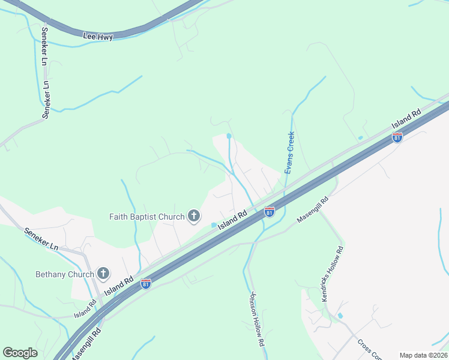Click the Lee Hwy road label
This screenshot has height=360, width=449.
coord(98,37)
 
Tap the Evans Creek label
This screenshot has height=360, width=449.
coord(289,153)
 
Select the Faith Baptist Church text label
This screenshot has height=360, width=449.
coord(146,216)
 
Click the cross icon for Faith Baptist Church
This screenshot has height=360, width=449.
coord(193,215)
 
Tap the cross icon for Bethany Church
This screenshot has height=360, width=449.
coord(103,274)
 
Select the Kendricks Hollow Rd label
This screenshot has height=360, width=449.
coord(331,274)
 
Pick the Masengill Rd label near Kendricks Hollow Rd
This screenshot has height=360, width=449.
coord(313,210)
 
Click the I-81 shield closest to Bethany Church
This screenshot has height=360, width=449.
coord(145,284)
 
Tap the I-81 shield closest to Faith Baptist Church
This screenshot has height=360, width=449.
coord(270,212)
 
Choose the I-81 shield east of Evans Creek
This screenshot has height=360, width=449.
coord(397,137)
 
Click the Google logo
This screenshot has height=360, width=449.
coord(20,353)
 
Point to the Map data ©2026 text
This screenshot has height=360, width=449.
coord(423,355)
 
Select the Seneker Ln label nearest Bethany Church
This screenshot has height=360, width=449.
coord(41,238)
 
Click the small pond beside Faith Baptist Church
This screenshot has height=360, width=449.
coord(214,225)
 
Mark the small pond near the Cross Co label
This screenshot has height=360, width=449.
coord(340,316)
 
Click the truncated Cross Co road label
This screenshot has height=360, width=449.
coord(369,350)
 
